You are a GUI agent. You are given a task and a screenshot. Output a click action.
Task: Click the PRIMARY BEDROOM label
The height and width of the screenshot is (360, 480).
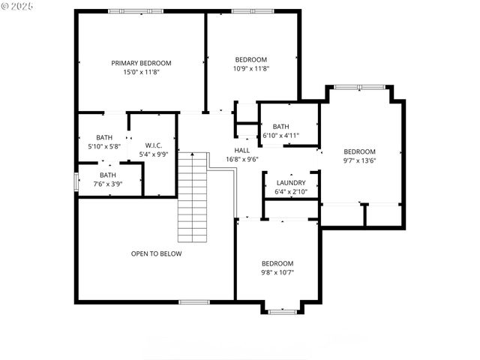click(x=141, y=63)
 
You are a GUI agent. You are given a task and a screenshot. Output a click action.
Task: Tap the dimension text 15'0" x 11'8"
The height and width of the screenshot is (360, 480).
click(x=141, y=73)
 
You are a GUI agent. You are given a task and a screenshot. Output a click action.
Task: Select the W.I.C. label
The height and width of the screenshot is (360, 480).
click(x=154, y=145)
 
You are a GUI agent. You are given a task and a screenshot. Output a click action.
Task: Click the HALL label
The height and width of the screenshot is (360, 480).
click(x=242, y=150)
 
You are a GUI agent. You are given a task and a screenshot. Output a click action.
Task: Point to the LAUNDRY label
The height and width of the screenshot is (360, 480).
click(x=290, y=183)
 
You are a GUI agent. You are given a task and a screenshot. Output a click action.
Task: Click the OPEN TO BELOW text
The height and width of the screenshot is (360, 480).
click(x=156, y=253)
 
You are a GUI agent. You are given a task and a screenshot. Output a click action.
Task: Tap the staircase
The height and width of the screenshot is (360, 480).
click(x=192, y=197)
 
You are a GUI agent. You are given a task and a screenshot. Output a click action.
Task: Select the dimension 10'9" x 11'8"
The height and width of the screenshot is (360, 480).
click(x=250, y=69)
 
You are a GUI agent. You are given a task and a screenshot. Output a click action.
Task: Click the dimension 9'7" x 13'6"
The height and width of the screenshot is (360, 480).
click(x=359, y=160)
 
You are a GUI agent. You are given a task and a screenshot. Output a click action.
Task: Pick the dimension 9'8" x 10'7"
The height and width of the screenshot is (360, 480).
click(x=277, y=273)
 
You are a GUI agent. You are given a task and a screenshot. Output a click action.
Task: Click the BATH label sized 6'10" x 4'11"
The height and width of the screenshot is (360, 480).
click(x=280, y=127)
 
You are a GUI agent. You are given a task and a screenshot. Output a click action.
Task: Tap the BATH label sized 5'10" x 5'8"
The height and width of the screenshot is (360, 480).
click(x=104, y=137)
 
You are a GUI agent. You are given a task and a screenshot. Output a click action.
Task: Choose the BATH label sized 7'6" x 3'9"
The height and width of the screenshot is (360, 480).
click(x=108, y=175)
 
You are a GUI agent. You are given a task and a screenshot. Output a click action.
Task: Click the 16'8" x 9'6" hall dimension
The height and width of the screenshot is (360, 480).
click(x=242, y=159)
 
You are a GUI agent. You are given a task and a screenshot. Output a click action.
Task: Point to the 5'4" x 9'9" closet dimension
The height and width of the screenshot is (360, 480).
click(x=154, y=154)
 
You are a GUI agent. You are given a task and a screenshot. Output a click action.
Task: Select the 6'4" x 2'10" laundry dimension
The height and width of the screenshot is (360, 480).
click(x=290, y=192)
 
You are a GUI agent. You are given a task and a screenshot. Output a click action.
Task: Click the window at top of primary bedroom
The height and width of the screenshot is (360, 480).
click(x=130, y=11)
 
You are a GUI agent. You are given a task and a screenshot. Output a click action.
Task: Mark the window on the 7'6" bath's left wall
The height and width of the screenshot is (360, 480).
click(x=75, y=182)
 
